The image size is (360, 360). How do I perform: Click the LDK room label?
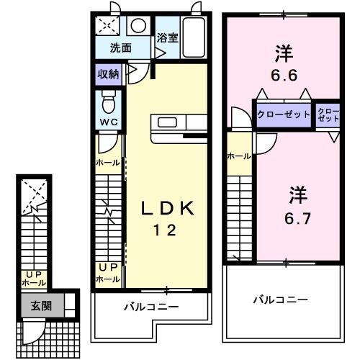pyautogui.click(x=166, y=209)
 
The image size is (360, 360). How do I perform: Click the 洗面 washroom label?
pyautogui.click(x=120, y=48)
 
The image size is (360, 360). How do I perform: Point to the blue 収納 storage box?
pyautogui.click(x=109, y=73)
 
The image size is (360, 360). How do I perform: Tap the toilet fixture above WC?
pyautogui.click(x=109, y=99)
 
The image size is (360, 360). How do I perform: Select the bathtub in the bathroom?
pyautogui.click(x=194, y=37)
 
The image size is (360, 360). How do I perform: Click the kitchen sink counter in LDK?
pyautogui.click(x=171, y=122)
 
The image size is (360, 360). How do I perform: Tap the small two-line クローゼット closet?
pyautogui.click(x=328, y=115)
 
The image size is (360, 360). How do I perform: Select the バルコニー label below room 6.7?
pyautogui.click(x=280, y=299)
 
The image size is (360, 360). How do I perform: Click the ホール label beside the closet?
pyautogui.click(x=238, y=156)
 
